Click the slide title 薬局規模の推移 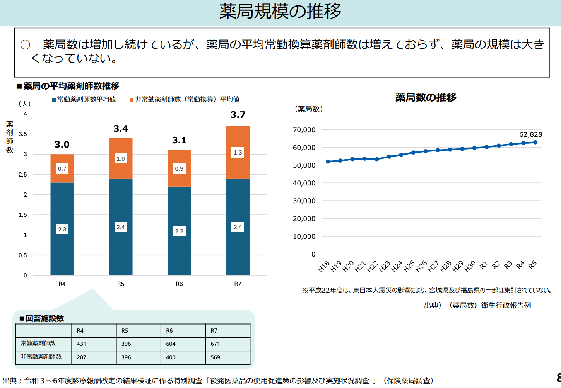tap(280, 12)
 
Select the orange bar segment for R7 tap(238, 139)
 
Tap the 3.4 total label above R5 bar tap(121, 129)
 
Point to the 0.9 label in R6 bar tap(179, 168)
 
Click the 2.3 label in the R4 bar tap(62, 229)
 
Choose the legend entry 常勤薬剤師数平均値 tap(84, 99)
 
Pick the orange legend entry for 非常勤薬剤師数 tap(185, 99)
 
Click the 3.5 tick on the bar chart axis tap(23, 134)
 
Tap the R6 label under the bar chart tap(179, 284)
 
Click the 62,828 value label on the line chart tap(530, 134)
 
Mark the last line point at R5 tap(535, 142)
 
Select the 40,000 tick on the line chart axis tap(304, 183)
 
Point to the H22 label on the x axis tap(372, 267)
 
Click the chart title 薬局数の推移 tap(426, 97)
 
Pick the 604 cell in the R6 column tap(171, 344)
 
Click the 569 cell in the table tap(215, 357)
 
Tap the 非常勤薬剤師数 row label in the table tap(41, 357)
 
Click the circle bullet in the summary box tap(25, 45)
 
